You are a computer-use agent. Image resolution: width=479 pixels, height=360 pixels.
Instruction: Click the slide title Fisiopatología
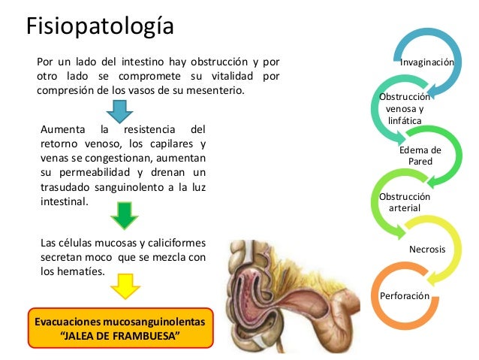(x=99, y=26)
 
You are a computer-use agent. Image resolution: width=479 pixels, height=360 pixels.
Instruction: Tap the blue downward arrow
(x=119, y=110)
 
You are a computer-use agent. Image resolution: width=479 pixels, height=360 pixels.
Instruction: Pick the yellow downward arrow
(x=125, y=286)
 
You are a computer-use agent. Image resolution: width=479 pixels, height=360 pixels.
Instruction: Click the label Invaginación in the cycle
(x=426, y=62)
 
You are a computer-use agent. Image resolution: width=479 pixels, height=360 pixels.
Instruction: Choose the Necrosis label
(x=427, y=249)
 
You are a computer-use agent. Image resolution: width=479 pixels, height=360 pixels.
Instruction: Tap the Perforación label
(x=405, y=296)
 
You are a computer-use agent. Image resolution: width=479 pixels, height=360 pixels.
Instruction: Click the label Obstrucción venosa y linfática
(x=405, y=108)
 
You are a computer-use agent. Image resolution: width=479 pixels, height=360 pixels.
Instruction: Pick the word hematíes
(x=81, y=271)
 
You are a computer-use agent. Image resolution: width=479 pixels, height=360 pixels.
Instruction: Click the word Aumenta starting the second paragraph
(x=64, y=129)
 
